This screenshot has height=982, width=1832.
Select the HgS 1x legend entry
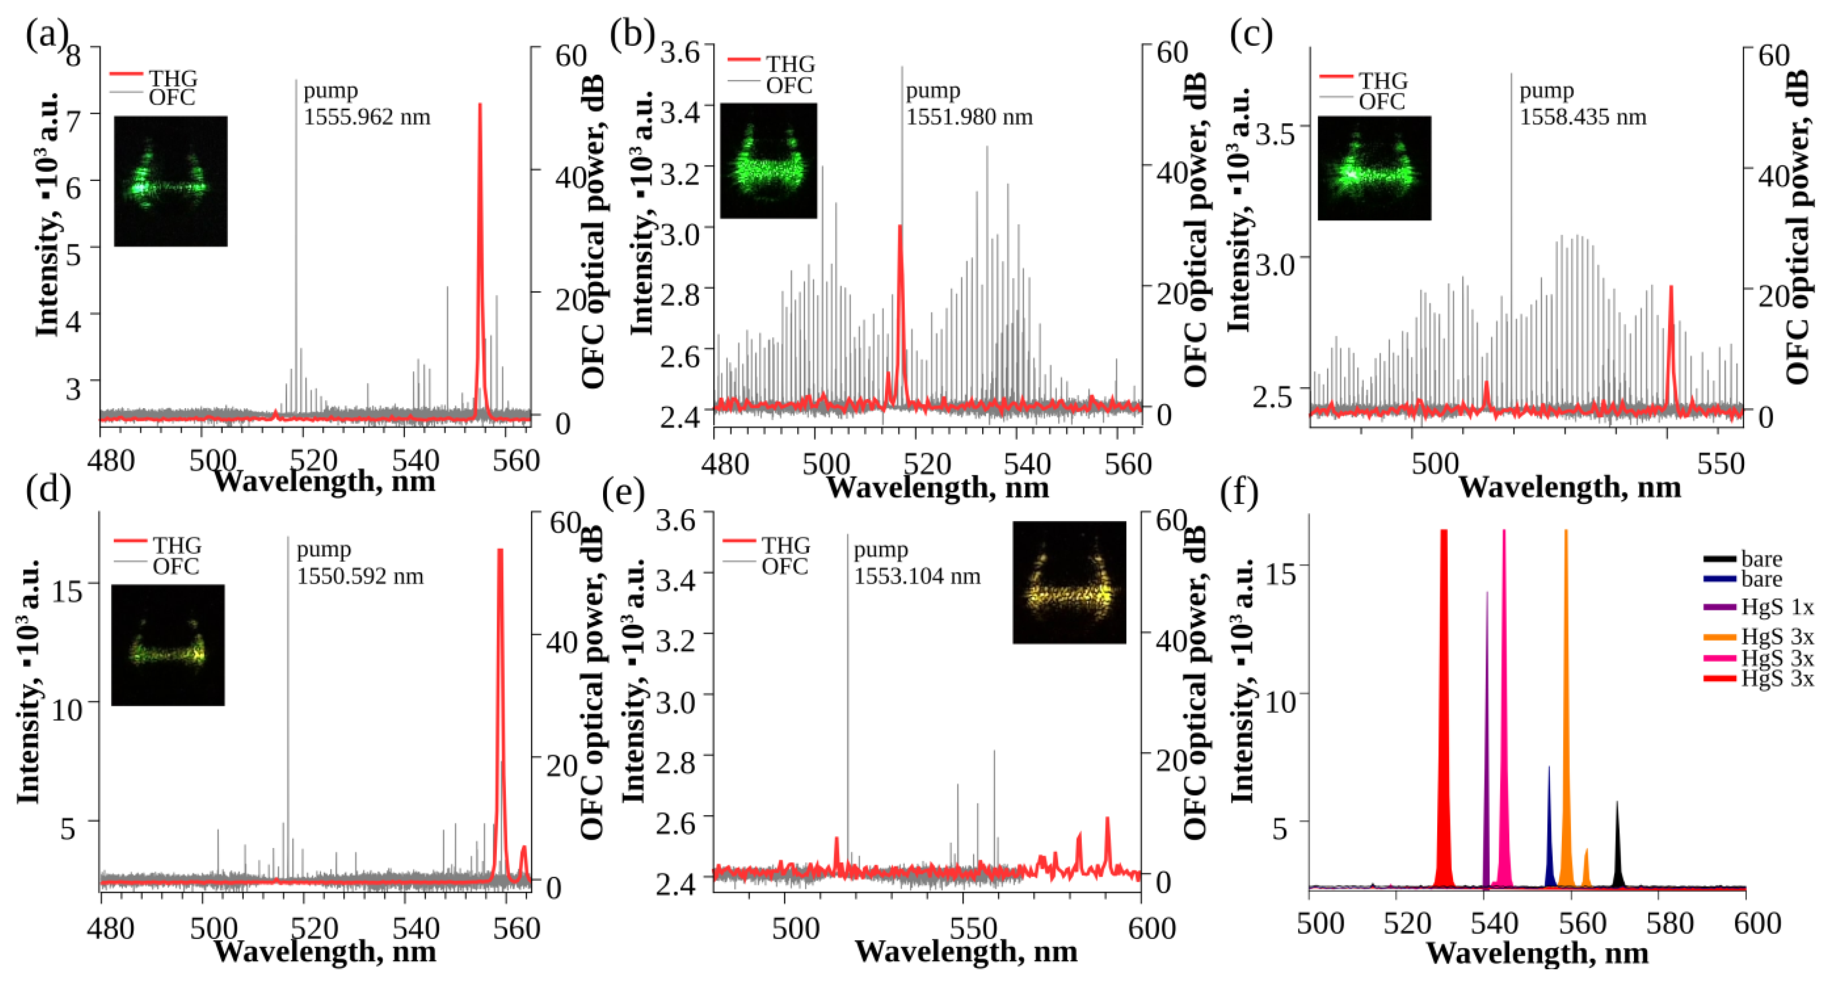(1777, 607)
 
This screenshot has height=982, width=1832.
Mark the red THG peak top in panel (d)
(500, 551)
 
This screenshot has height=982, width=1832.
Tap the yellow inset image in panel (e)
(1069, 582)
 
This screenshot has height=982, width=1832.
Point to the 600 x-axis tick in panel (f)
(1756, 924)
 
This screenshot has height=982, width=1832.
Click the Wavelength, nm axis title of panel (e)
(966, 951)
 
